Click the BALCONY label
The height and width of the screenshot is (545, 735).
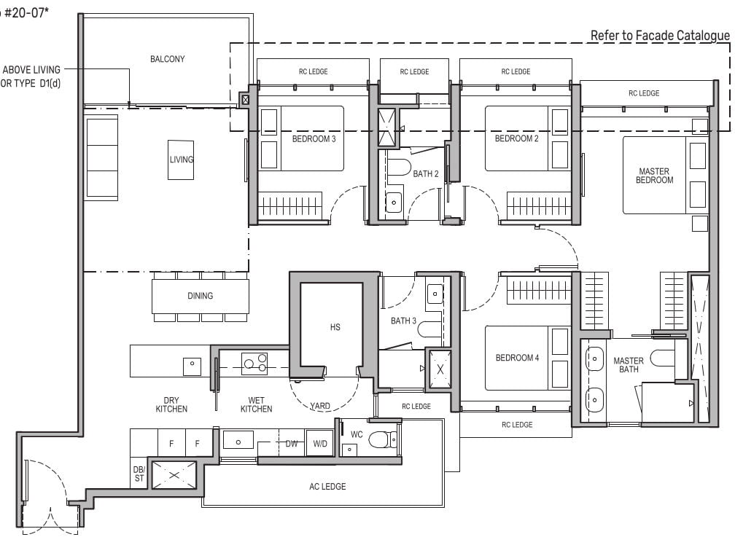[x=167, y=59]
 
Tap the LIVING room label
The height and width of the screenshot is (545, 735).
[x=182, y=160]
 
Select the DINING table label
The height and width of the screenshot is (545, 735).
[x=200, y=296]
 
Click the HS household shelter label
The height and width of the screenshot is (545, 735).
[x=335, y=327]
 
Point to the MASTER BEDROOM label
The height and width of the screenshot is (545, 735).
[x=654, y=176]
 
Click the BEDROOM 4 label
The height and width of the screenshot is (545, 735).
[x=517, y=358]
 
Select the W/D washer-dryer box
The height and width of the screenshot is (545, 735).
[x=319, y=443]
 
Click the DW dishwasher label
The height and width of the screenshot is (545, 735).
[x=291, y=443]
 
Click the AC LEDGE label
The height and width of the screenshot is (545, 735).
[x=327, y=487]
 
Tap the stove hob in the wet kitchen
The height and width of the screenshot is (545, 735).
[x=254, y=363]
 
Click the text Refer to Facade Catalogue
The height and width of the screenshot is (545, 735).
[x=660, y=35]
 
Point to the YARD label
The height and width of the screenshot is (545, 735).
[x=319, y=407]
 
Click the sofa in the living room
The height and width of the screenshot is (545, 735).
[x=101, y=157]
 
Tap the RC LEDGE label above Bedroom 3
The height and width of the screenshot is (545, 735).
[x=313, y=71]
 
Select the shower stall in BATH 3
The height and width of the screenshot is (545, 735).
[x=440, y=369]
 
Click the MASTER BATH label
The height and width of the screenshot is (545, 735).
[x=628, y=365]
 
